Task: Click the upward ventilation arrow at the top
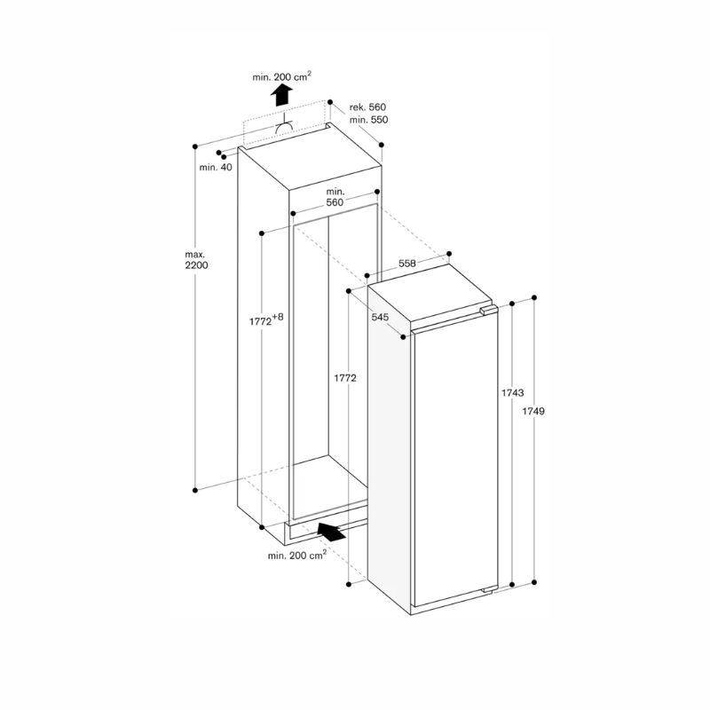click(x=281, y=95)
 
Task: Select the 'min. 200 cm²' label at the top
click(x=281, y=77)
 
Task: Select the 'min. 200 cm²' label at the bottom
click(x=296, y=555)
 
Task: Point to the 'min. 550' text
click(x=367, y=120)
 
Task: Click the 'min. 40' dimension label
click(x=215, y=168)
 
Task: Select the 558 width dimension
click(x=406, y=264)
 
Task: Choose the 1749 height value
click(x=533, y=411)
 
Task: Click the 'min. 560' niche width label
click(x=335, y=197)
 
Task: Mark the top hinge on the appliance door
click(x=484, y=312)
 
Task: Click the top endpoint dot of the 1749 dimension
click(x=534, y=298)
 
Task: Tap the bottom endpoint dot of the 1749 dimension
click(x=534, y=582)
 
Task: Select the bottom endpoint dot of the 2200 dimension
click(x=195, y=487)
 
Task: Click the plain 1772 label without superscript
click(x=345, y=378)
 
